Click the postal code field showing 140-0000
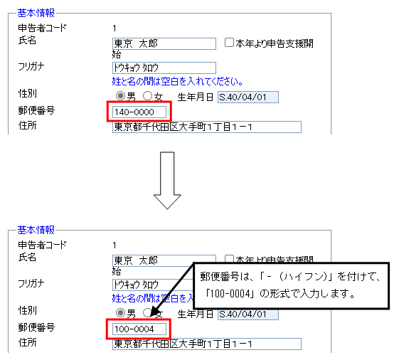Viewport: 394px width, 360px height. click(x=139, y=112)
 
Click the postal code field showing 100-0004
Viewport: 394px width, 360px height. click(x=139, y=329)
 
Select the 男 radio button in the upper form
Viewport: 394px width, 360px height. click(x=120, y=96)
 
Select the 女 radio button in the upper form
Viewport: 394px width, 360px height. click(x=147, y=96)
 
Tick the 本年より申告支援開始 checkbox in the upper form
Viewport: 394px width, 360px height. click(x=229, y=43)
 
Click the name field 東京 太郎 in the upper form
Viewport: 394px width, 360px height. click(x=164, y=43)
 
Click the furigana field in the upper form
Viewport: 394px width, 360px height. click(x=164, y=68)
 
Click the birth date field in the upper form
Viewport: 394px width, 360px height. click(x=248, y=97)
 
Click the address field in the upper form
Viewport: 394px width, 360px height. click(x=207, y=127)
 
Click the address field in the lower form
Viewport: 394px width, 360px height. click(x=207, y=344)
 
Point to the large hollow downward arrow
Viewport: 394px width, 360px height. click(x=167, y=180)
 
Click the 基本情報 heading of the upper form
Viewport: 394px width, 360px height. click(x=36, y=13)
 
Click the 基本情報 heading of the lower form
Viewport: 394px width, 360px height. click(x=36, y=230)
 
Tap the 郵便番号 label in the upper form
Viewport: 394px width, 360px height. click(x=36, y=110)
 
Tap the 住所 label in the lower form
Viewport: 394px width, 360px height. click(x=28, y=342)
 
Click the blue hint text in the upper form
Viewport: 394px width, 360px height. click(x=177, y=81)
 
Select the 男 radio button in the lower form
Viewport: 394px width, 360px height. click(x=120, y=313)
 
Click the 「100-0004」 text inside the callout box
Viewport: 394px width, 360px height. click(x=230, y=293)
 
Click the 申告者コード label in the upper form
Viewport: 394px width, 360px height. click(x=42, y=28)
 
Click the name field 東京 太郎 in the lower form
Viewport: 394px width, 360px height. click(x=154, y=260)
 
